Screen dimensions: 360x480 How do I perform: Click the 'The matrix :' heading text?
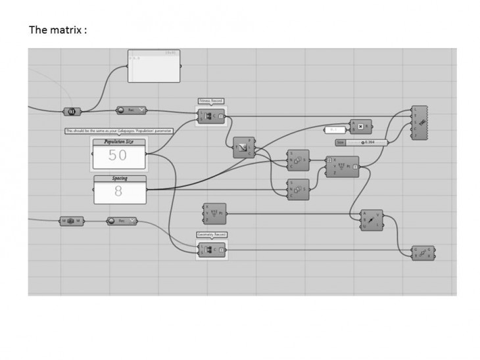coord(59,30)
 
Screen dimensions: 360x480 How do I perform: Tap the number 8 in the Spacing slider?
coord(118,191)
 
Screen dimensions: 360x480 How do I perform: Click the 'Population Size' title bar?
coord(119,141)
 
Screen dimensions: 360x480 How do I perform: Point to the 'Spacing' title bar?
coord(119,178)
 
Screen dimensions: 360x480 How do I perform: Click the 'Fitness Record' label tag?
coord(211,101)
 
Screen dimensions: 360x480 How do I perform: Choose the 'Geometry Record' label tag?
coord(212,235)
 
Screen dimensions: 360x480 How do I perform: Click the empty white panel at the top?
coord(154,66)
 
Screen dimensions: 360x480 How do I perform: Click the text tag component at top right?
coord(420,123)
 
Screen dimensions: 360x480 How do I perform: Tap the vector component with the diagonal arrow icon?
coord(372,219)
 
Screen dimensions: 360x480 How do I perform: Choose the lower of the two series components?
coord(298,188)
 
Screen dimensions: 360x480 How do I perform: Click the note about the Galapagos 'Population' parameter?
coord(118,131)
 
